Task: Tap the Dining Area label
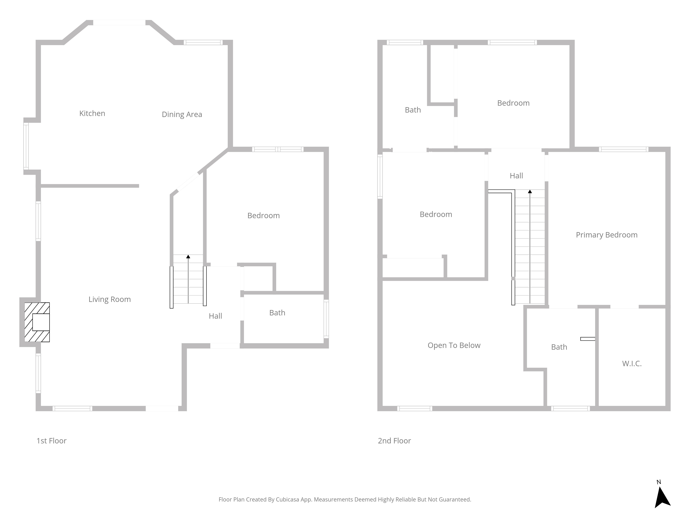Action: pyautogui.click(x=182, y=115)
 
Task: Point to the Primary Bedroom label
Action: pyautogui.click(x=606, y=235)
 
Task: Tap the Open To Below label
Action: pyautogui.click(x=454, y=346)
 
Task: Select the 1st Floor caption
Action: pyautogui.click(x=51, y=441)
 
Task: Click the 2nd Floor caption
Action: pyautogui.click(x=394, y=441)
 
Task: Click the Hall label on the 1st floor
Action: pyautogui.click(x=215, y=316)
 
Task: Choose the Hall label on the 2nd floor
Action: pyautogui.click(x=516, y=176)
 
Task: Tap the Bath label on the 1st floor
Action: pyautogui.click(x=277, y=313)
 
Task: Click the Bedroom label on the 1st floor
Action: pyautogui.click(x=263, y=216)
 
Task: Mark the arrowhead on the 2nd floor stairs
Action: pyautogui.click(x=530, y=191)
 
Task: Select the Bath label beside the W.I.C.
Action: pyautogui.click(x=559, y=347)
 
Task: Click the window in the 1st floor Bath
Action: pyautogui.click(x=326, y=319)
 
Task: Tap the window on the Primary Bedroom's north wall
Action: pyautogui.click(x=624, y=149)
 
